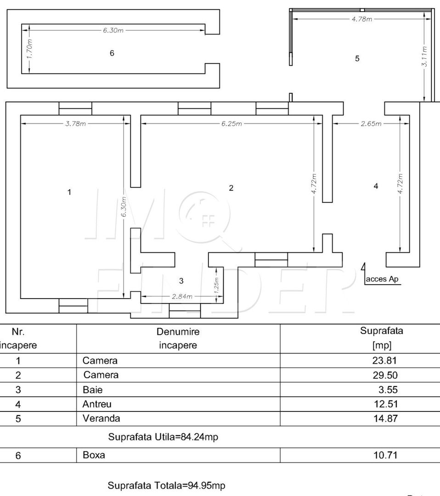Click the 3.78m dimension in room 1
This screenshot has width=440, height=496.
tap(76, 124)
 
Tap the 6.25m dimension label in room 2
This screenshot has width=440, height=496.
tap(231, 124)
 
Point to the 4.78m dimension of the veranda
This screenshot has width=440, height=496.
tap(361, 19)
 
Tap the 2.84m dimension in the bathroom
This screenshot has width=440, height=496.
tap(182, 296)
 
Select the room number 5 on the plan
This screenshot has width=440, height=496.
tap(357, 58)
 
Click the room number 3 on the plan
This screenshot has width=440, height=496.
tap(181, 281)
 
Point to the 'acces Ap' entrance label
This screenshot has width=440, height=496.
tap(382, 279)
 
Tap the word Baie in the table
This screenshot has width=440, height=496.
tap(92, 390)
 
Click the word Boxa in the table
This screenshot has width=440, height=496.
tap(94, 456)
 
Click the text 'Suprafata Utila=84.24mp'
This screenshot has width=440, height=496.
tap(163, 437)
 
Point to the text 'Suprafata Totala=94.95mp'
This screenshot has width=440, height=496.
tap(166, 485)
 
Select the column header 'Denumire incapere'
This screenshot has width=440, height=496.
tap(178, 338)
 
